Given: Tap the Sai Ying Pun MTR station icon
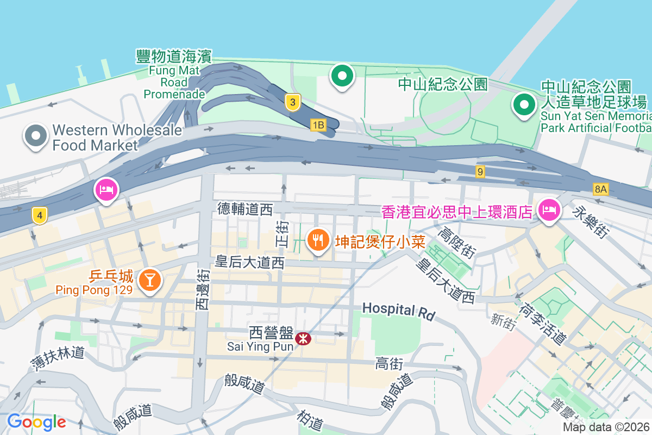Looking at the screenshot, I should coord(303,339).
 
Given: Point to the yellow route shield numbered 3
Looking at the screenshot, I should coord(293,102).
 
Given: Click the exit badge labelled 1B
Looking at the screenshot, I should coord(318,126).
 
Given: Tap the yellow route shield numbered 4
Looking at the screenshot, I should coord(39,215).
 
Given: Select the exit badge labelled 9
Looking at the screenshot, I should coord(479,172).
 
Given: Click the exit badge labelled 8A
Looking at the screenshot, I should coord(600,189).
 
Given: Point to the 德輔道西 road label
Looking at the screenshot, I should coord(244,208).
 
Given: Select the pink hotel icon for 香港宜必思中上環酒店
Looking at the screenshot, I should coord(549,210).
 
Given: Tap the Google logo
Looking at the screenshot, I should coord(36,421).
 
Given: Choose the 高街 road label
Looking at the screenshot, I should coord(388,364).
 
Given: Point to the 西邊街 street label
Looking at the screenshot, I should coord(202,289).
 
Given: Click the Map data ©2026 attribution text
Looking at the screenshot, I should coord(606,427).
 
